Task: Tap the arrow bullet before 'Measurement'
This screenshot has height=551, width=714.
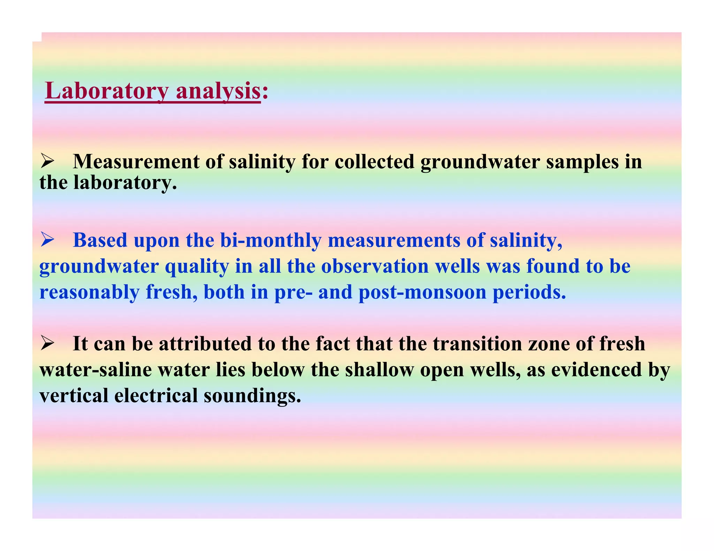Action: click(47, 161)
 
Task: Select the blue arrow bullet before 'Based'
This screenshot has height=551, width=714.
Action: click(47, 240)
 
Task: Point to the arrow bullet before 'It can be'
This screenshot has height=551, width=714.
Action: click(47, 343)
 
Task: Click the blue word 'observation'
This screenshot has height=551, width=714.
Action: click(375, 266)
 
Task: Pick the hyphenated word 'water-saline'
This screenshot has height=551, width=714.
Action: click(96, 370)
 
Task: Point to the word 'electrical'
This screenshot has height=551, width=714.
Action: click(156, 396)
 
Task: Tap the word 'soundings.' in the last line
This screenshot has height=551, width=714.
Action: click(252, 396)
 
